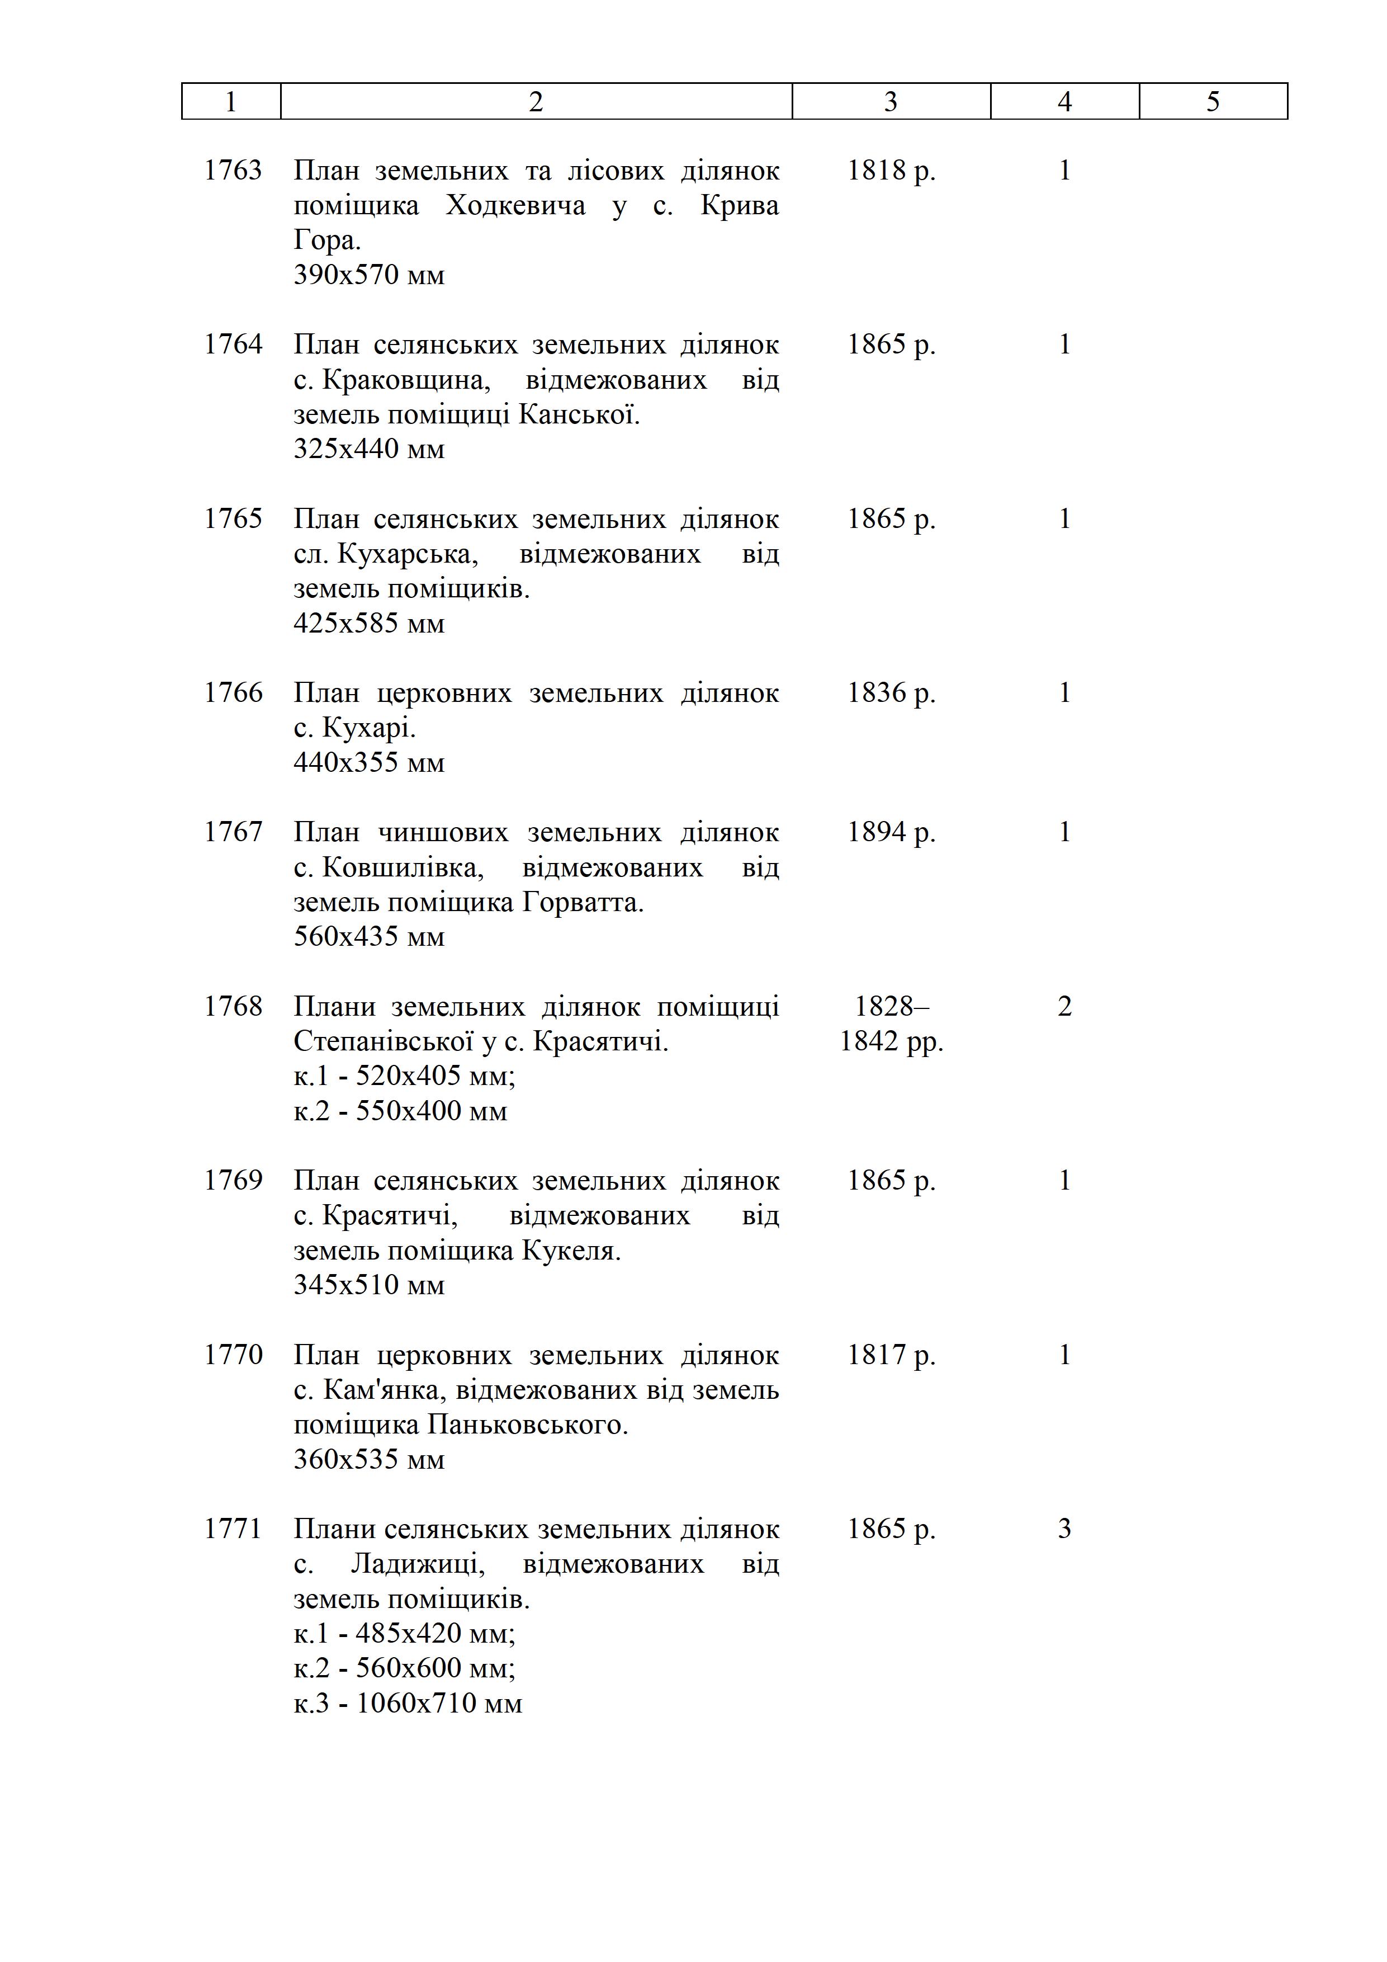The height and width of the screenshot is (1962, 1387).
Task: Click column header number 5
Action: click(x=1213, y=102)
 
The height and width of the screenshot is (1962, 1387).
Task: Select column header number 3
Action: click(x=891, y=102)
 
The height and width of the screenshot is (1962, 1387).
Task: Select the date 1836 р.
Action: click(x=891, y=692)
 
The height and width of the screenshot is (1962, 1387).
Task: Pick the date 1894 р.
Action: click(x=891, y=832)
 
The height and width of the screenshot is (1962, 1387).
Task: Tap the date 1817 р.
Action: click(x=891, y=1355)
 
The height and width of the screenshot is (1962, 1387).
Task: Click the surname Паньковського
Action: click(x=527, y=1425)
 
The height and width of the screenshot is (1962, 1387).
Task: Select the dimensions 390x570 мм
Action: click(x=369, y=275)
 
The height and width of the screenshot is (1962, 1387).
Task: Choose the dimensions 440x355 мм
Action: click(x=369, y=762)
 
